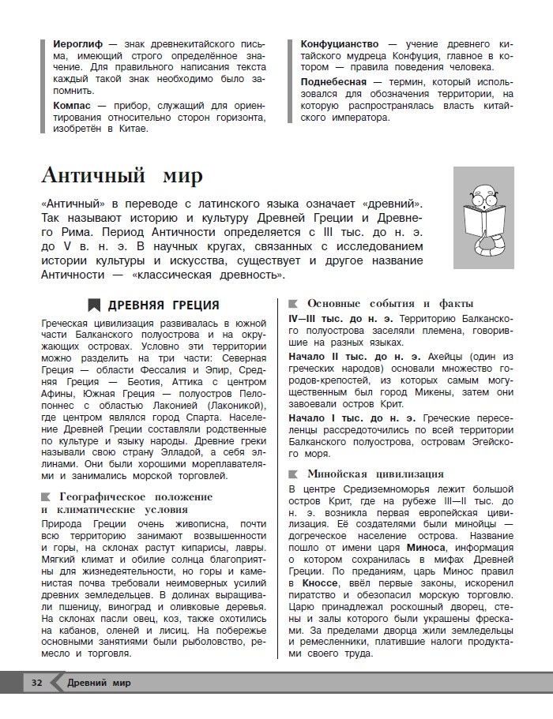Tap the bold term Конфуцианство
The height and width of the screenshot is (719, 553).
pyautogui.click(x=339, y=43)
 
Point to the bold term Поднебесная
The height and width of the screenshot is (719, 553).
pyautogui.click(x=333, y=81)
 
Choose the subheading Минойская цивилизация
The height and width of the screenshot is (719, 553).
pyautogui.click(x=375, y=474)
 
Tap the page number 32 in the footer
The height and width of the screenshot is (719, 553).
pyautogui.click(x=36, y=682)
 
